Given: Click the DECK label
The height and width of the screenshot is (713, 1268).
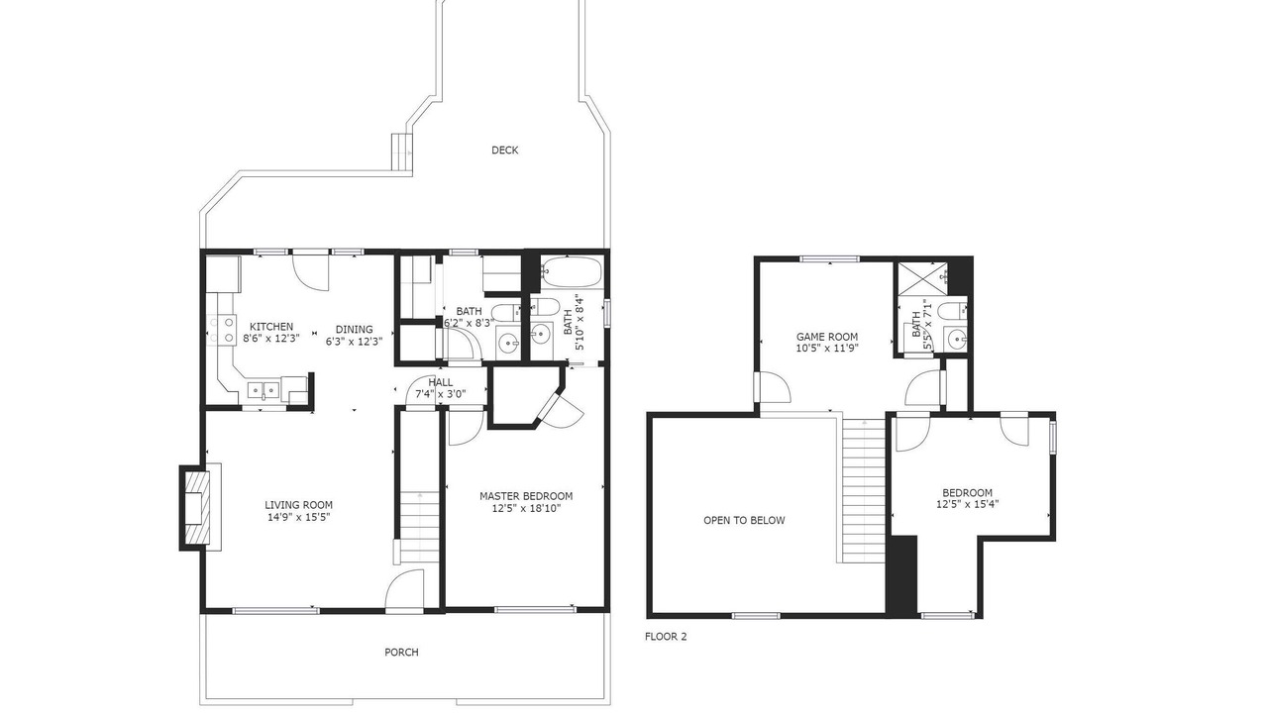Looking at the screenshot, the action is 504,150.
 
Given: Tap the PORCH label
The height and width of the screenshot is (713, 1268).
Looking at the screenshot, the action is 401,652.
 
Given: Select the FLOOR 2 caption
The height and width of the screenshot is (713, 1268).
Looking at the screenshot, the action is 666,636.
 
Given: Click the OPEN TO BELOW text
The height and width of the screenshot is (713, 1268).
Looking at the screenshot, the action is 744,520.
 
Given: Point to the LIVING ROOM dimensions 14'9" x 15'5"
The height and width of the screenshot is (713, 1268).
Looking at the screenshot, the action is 298,517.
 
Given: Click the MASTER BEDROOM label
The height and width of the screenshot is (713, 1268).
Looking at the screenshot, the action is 526,496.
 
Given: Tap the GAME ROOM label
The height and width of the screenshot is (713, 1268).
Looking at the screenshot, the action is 827,337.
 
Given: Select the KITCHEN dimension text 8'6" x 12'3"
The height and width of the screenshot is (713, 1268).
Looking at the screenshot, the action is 271,339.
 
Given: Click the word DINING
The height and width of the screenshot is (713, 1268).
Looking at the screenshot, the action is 355,330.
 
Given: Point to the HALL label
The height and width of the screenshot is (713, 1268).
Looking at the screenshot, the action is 441,382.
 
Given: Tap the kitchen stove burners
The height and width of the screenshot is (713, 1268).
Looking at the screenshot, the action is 222,330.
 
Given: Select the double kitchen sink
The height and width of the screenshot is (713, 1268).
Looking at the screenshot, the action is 264,390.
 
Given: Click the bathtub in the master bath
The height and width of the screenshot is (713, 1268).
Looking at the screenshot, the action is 571,272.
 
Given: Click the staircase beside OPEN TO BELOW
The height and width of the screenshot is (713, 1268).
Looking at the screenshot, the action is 864,490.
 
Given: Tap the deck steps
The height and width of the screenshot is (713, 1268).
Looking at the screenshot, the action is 402,152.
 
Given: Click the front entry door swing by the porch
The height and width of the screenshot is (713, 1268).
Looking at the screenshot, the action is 405,588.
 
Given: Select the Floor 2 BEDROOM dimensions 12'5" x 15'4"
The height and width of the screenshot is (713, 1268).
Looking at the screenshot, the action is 968,504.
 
